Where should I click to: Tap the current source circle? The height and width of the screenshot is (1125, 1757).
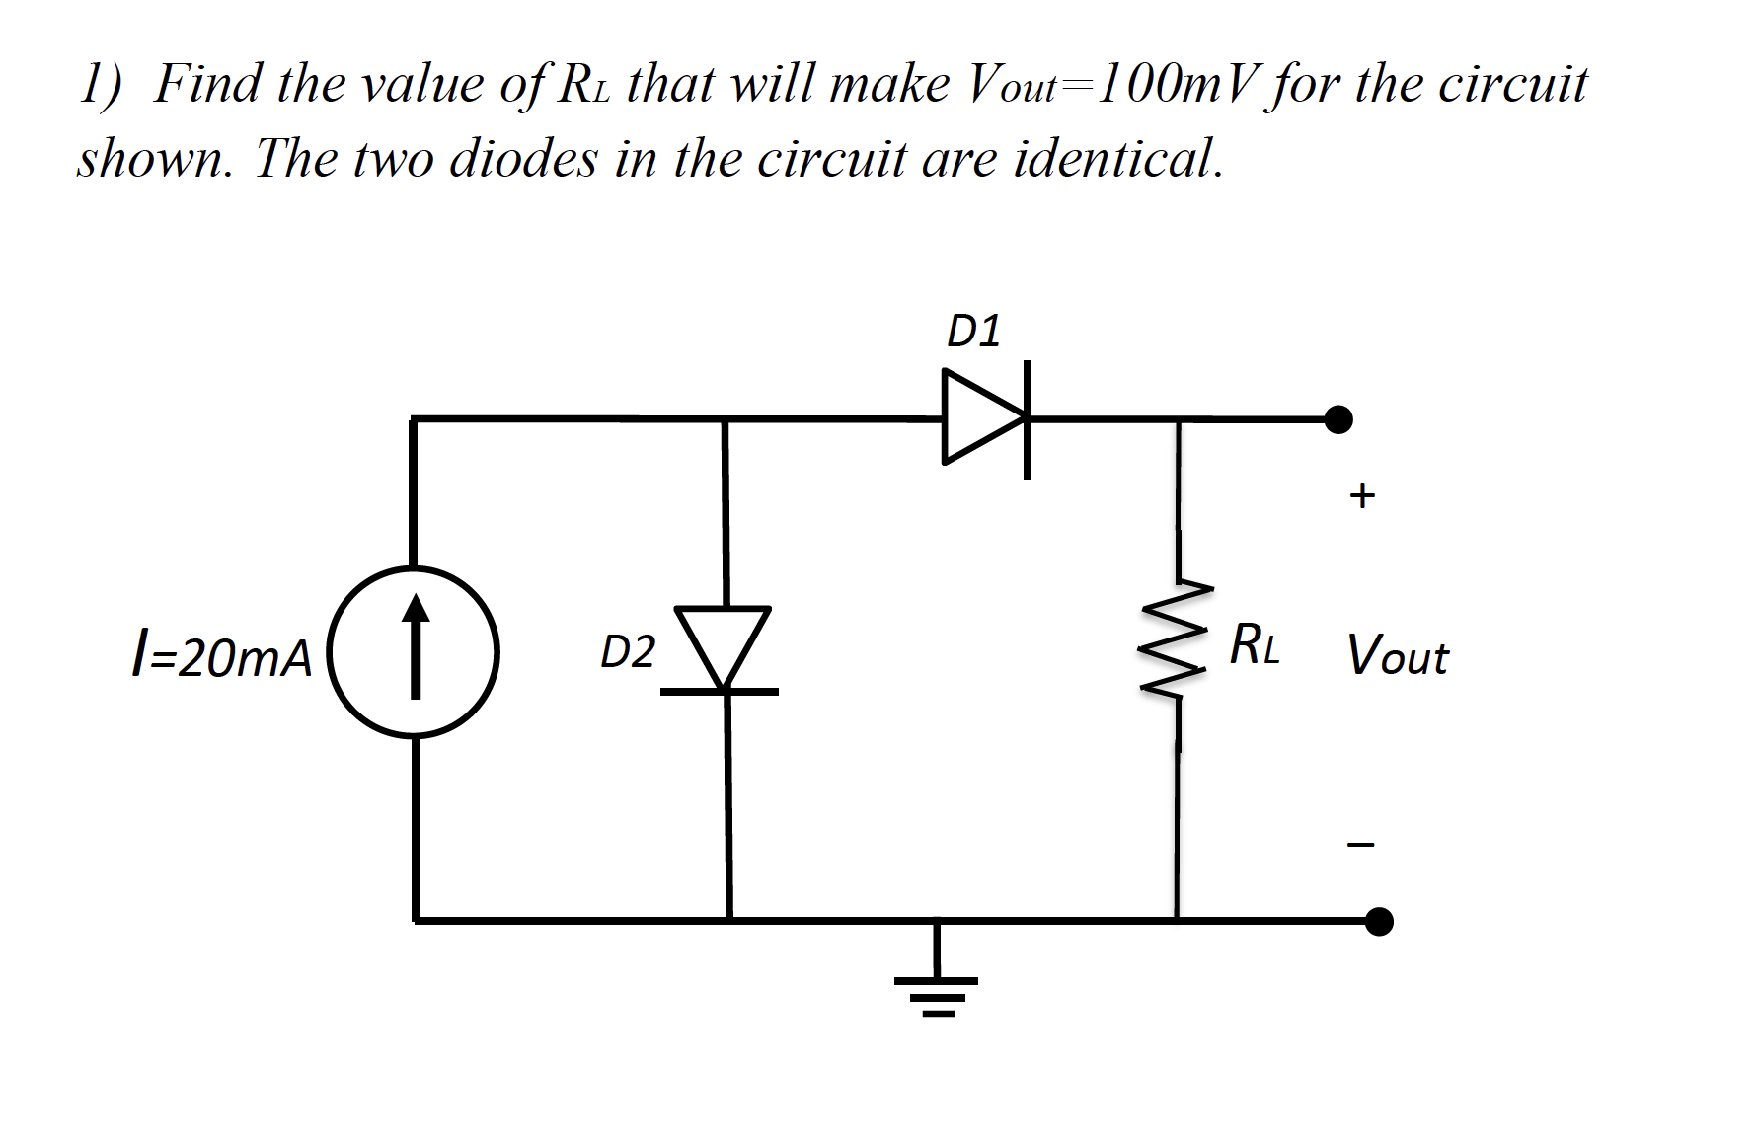414,651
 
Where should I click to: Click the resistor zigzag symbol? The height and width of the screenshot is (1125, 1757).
1176,639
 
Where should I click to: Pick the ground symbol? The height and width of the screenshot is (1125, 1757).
936,993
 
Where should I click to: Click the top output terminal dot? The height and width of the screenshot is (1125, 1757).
1337,419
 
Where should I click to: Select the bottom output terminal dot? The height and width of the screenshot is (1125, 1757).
1378,922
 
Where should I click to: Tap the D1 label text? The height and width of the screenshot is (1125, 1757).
973,331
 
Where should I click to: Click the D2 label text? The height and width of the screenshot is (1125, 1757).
628,652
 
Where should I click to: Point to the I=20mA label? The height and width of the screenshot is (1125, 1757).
221,656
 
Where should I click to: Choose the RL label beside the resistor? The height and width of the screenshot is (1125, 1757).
1255,646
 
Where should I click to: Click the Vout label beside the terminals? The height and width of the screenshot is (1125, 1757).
1398,655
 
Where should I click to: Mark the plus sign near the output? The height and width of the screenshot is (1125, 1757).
1361,495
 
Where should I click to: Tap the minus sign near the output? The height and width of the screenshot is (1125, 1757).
1361,845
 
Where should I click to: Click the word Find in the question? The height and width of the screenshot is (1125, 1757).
208,84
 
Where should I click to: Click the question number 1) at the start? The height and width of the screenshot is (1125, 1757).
102,84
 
